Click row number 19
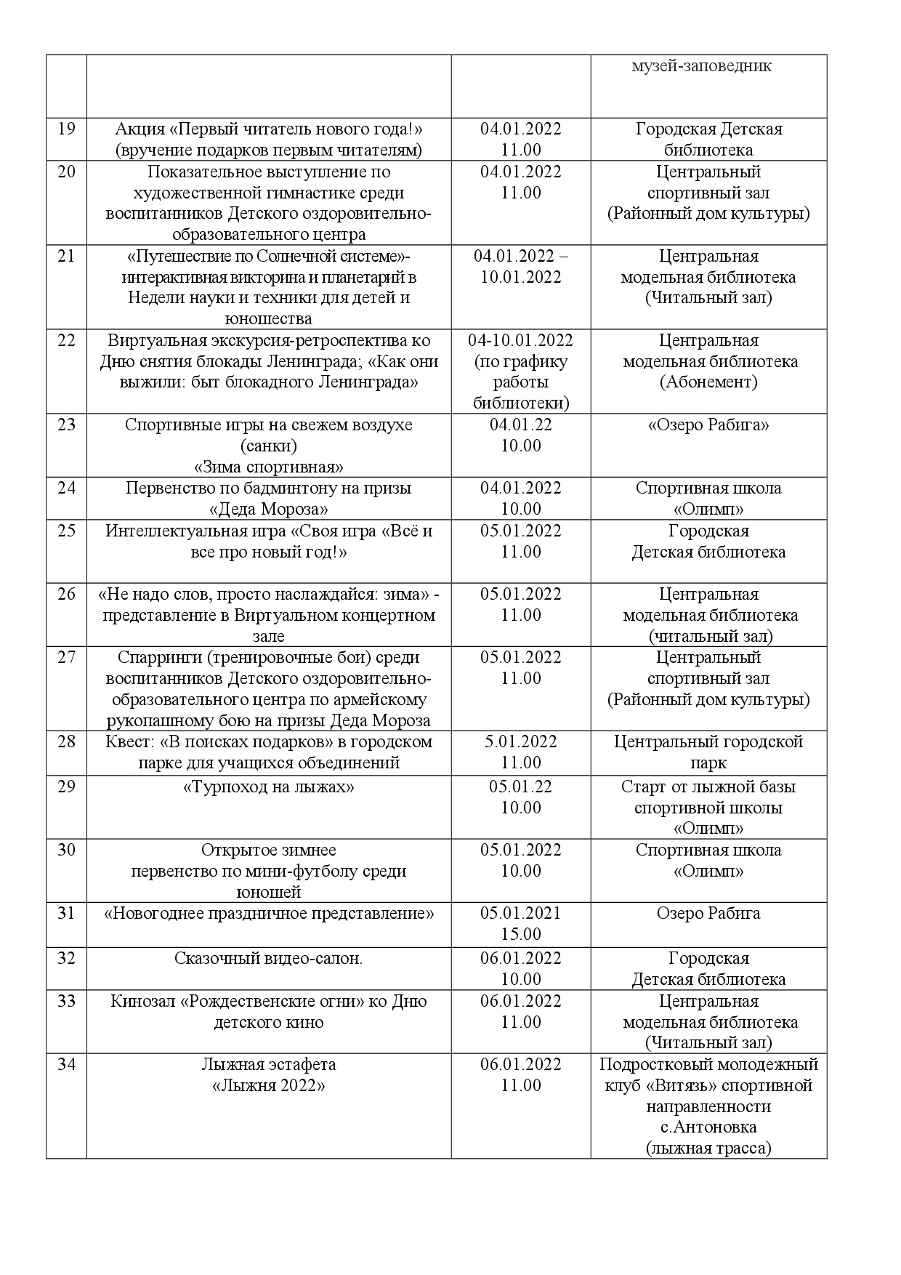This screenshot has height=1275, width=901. [x=66, y=129]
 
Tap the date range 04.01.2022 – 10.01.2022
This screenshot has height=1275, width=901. [x=520, y=267]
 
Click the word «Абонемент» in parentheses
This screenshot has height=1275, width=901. [x=708, y=382]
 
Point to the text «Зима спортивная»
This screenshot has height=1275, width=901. [x=269, y=467]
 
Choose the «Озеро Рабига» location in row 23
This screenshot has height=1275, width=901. [x=708, y=425]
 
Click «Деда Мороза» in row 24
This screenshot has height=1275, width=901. [x=269, y=509]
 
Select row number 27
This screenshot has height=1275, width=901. [x=66, y=658]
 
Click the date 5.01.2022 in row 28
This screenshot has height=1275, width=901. [x=520, y=742]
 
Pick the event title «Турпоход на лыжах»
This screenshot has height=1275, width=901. [x=269, y=787]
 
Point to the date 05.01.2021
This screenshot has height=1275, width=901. [x=520, y=914]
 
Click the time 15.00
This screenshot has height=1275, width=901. [x=520, y=934]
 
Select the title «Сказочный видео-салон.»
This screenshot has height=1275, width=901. [x=269, y=959]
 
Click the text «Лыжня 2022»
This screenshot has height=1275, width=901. [x=269, y=1086]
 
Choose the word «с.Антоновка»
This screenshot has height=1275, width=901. [x=708, y=1127]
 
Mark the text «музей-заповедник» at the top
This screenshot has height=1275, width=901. [x=701, y=66]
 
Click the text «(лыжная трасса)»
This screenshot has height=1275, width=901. [x=708, y=1149]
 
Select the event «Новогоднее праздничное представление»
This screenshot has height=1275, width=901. [x=269, y=914]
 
